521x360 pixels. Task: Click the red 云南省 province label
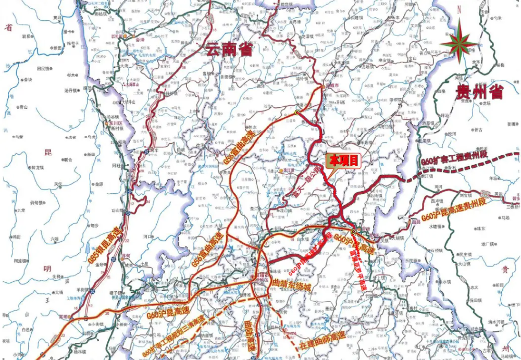[x=229, y=50]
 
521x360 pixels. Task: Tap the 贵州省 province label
[x=479, y=93]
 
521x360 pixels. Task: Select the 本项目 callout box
[x=343, y=161]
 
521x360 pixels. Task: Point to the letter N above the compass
[x=459, y=9]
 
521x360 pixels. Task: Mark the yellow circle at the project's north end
[x=297, y=112]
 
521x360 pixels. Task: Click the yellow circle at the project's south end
[x=353, y=231]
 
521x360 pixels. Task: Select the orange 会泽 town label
[x=140, y=39]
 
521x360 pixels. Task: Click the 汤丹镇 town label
[x=70, y=90]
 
